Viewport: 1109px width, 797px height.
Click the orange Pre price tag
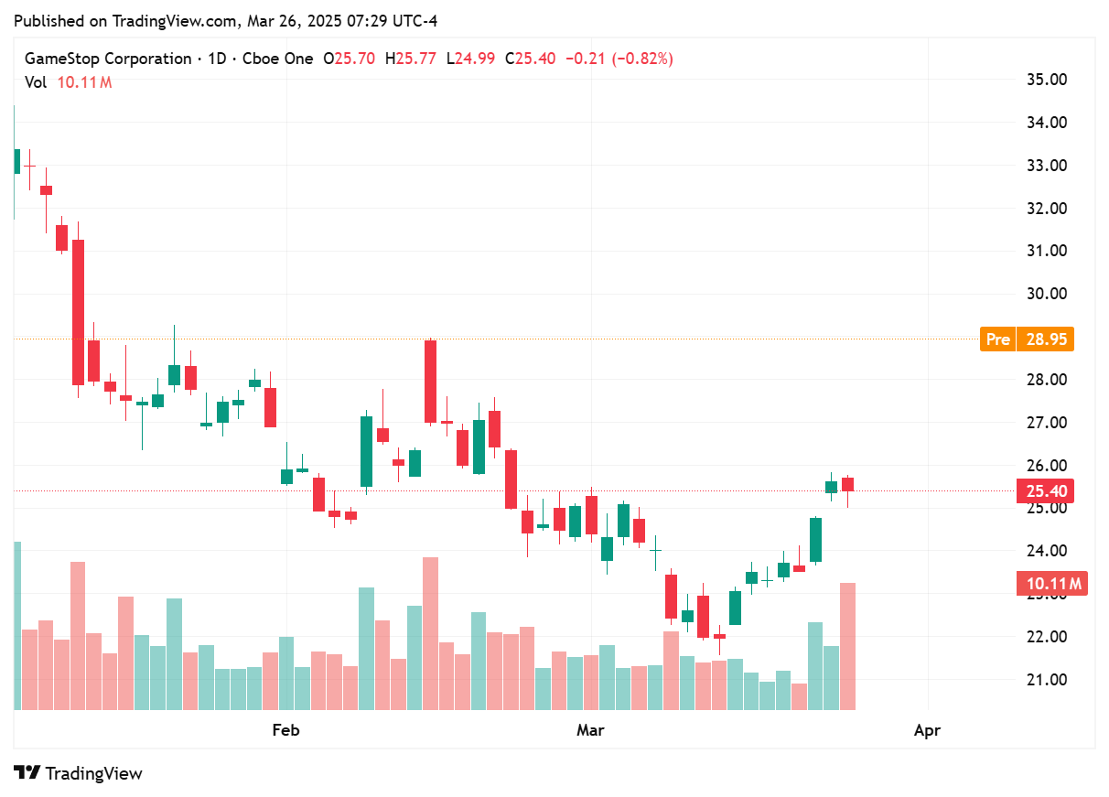click(x=997, y=339)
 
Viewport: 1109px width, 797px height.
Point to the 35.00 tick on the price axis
click(x=1047, y=80)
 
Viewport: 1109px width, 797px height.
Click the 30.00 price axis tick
click(x=1047, y=294)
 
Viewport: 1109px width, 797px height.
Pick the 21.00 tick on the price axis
click(x=1047, y=680)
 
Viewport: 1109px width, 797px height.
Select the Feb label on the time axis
click(x=286, y=730)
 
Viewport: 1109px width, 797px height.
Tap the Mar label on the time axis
click(x=590, y=730)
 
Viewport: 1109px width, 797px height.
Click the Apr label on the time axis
click(x=927, y=730)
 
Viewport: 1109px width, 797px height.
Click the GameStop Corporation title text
click(x=108, y=59)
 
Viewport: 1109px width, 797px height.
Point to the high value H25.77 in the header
click(x=411, y=59)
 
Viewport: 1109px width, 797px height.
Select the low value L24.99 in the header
click(x=470, y=59)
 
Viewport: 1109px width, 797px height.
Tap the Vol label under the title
click(x=36, y=82)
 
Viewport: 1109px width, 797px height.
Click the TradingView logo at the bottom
click(x=79, y=773)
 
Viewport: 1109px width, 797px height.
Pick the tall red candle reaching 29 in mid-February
click(x=430, y=382)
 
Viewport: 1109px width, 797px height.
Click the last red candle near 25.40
click(x=848, y=484)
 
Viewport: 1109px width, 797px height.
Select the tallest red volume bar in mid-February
click(x=430, y=633)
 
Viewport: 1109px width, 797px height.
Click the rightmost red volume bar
click(x=848, y=646)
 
